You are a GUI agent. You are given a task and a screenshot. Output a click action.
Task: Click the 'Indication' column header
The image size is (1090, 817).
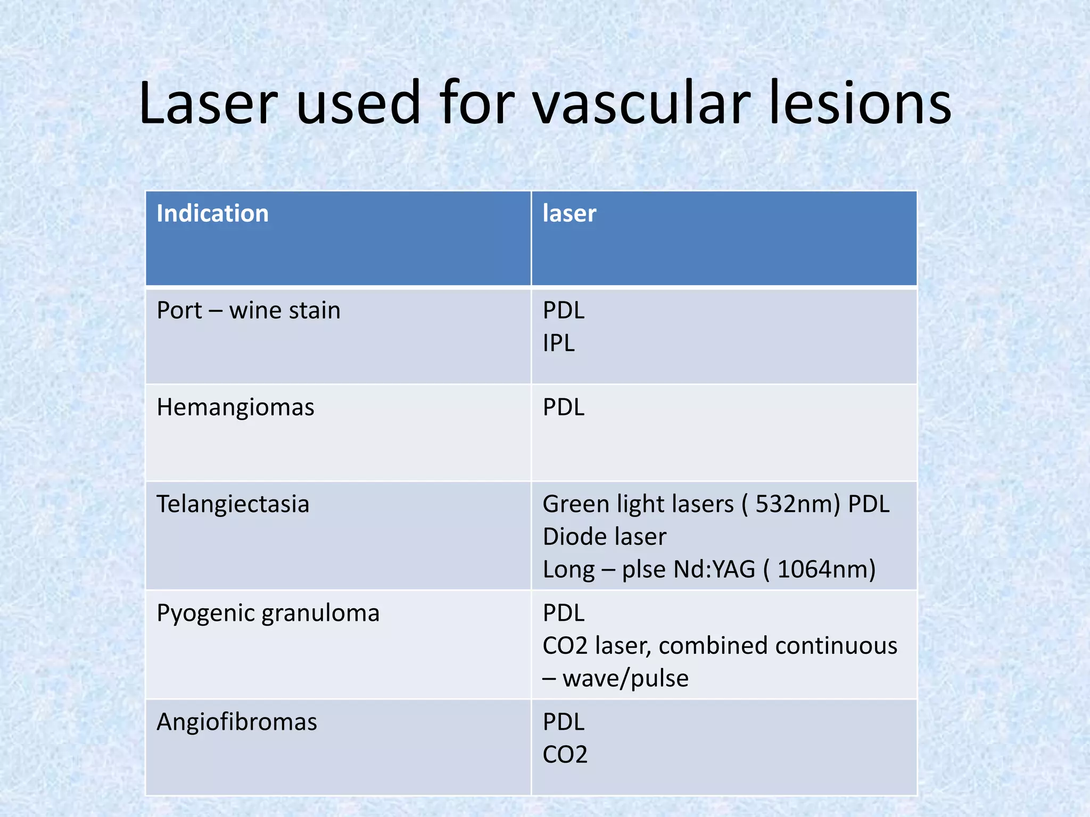(212, 214)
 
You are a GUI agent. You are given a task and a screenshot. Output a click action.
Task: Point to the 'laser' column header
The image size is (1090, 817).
(569, 214)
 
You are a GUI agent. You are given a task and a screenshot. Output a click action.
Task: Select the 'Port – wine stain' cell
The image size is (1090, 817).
(248, 311)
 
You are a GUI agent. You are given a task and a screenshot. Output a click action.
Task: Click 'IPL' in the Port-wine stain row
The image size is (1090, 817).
(558, 344)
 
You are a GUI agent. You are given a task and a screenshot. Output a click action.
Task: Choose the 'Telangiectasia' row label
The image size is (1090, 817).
(233, 504)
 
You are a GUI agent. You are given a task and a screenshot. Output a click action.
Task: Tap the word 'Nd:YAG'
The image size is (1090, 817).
(714, 570)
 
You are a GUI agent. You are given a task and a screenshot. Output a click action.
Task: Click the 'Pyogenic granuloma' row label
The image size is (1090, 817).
(268, 613)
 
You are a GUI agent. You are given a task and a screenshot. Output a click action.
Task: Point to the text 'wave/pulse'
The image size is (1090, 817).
(625, 679)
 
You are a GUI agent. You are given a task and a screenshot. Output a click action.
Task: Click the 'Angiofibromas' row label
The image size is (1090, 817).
(236, 722)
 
